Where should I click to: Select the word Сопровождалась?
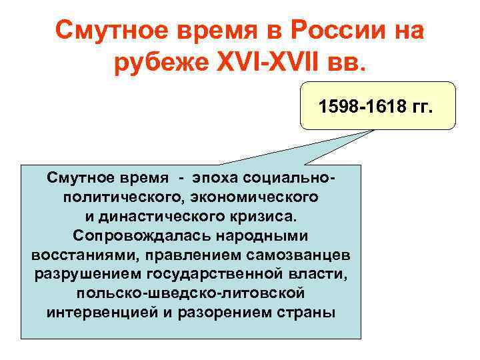click(x=133, y=235)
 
